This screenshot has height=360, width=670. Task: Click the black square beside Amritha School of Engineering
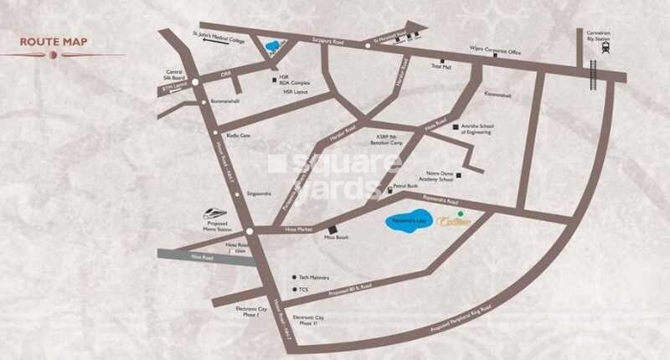[456, 127]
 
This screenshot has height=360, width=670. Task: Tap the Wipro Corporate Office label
[495, 51]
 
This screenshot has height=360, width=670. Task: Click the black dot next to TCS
[294, 290]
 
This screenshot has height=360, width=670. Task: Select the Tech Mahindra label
[314, 277]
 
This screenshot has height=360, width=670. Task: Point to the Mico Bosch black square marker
[332, 229]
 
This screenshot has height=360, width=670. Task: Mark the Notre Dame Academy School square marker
[458, 175]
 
